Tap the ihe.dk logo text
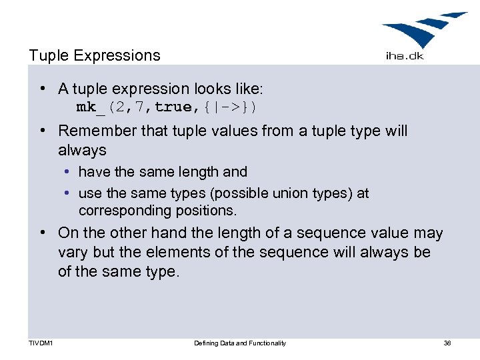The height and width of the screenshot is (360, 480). pyautogui.click(x=404, y=56)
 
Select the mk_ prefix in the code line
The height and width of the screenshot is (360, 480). pyautogui.click(x=91, y=107)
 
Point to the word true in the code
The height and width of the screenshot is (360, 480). pyautogui.click(x=175, y=107)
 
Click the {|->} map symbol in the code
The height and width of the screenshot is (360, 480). pyautogui.click(x=229, y=107)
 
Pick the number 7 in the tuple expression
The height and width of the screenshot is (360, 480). pyautogui.click(x=141, y=107)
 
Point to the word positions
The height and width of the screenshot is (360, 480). pyautogui.click(x=205, y=211)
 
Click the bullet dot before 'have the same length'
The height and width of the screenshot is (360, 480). pyautogui.click(x=69, y=172)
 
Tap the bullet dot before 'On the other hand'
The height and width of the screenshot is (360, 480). pyautogui.click(x=42, y=233)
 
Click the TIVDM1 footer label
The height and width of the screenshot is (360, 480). pyautogui.click(x=42, y=343)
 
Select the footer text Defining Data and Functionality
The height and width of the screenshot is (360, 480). pyautogui.click(x=240, y=343)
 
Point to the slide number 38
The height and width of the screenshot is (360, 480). pyautogui.click(x=447, y=343)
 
